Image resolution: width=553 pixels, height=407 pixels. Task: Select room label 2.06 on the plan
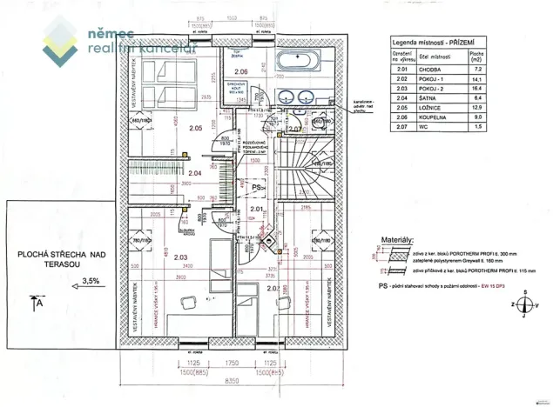point(242,71)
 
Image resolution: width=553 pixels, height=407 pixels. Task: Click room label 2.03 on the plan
point(181,257)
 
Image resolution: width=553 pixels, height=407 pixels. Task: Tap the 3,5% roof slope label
point(91,281)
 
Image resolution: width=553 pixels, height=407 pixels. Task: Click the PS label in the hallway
point(256,211)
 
